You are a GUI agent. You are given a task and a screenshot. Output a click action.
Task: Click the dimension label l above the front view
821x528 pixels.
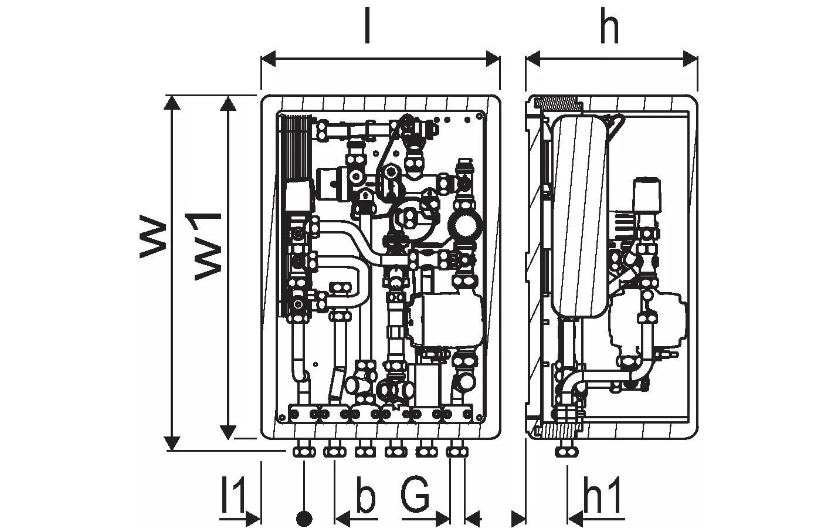pos(367,27)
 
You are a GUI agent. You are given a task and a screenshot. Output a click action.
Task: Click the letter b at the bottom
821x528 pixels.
pos(365,496)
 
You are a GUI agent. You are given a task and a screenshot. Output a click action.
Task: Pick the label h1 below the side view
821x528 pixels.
pos(602,496)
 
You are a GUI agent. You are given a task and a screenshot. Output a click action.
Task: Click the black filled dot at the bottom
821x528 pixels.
pos(304,519)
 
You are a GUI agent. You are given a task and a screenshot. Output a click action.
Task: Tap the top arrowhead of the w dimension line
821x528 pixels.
pos(172,102)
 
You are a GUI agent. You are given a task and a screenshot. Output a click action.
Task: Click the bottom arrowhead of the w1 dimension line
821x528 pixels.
pos(228,433)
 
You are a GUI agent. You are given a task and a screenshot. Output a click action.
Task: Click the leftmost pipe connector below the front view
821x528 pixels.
pos(304,451)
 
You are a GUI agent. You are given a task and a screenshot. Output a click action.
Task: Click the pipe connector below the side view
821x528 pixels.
pos(567,451)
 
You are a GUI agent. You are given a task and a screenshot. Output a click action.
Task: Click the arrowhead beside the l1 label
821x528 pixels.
pos(253,519)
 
